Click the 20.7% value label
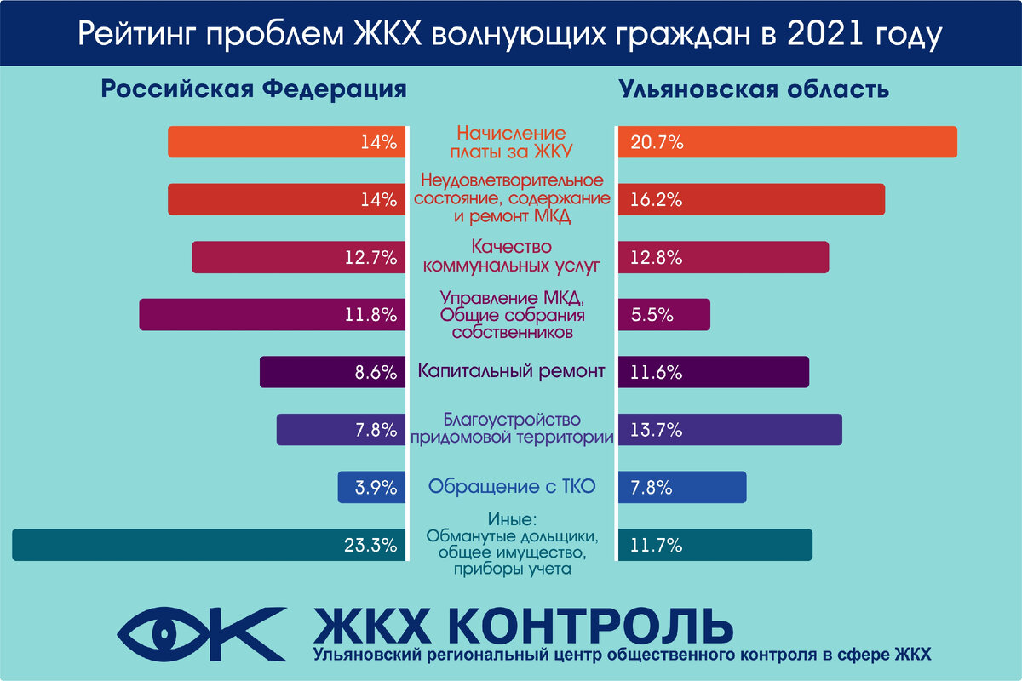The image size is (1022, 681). tap(657, 142)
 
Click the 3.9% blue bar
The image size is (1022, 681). tap(370, 488)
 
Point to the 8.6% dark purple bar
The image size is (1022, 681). tap(332, 372)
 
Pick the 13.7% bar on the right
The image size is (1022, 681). tap(729, 430)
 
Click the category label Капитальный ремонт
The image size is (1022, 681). tap(511, 372)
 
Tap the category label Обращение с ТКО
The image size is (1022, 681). tap(511, 488)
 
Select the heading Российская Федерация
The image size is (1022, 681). tap(254, 89)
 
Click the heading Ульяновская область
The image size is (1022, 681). tap(755, 89)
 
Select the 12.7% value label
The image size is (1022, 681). tap(370, 257)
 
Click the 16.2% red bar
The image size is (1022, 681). tap(749, 199)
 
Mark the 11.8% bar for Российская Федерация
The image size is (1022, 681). tap(273, 314)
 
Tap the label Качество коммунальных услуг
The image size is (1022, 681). tap(511, 257)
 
